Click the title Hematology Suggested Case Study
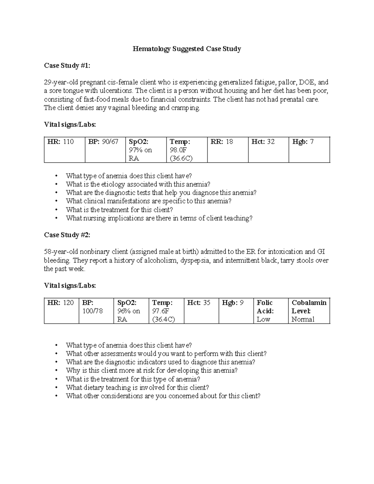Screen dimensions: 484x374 click(x=187, y=49)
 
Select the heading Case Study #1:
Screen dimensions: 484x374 click(x=67, y=65)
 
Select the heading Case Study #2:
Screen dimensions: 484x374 click(x=67, y=235)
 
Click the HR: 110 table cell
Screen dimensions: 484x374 click(x=65, y=150)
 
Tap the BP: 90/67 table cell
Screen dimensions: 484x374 click(x=105, y=150)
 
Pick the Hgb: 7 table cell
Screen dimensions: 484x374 click(x=309, y=150)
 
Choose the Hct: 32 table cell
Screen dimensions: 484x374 click(x=268, y=150)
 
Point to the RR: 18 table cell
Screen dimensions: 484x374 click(x=228, y=150)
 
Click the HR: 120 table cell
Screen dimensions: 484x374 click(x=61, y=311)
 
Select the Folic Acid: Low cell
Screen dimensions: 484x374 click(x=271, y=311)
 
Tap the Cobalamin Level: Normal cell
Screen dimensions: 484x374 click(x=309, y=311)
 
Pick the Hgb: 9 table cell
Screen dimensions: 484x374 click(x=236, y=311)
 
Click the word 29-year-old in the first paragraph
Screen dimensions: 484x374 click(x=61, y=83)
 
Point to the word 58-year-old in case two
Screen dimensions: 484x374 click(x=61, y=252)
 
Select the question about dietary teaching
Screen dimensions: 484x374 click(x=137, y=388)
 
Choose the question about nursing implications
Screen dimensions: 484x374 click(x=159, y=218)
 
